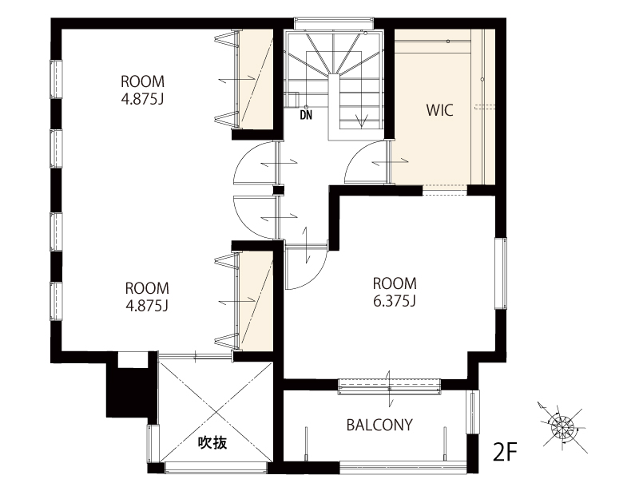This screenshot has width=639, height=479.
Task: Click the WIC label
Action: click(x=440, y=110)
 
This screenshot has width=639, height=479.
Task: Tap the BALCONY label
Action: click(x=379, y=425)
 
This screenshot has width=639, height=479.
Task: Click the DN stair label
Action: click(x=306, y=115)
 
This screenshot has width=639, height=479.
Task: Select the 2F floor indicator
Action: click(x=505, y=451)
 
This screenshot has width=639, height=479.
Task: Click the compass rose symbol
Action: click(x=562, y=427)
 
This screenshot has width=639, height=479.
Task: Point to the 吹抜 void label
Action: click(x=212, y=442)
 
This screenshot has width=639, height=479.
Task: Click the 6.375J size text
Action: click(x=395, y=301)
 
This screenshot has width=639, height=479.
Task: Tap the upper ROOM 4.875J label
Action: click(x=143, y=90)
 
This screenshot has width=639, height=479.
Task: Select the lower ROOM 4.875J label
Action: click(x=147, y=296)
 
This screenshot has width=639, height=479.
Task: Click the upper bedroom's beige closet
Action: click(x=256, y=79)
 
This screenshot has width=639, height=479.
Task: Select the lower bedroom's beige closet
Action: click(x=256, y=301)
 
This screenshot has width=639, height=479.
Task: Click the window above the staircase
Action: click(x=334, y=23)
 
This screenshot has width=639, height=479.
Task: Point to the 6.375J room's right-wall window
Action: click(x=502, y=273)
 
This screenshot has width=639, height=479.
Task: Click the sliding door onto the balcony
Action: click(x=390, y=386)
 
